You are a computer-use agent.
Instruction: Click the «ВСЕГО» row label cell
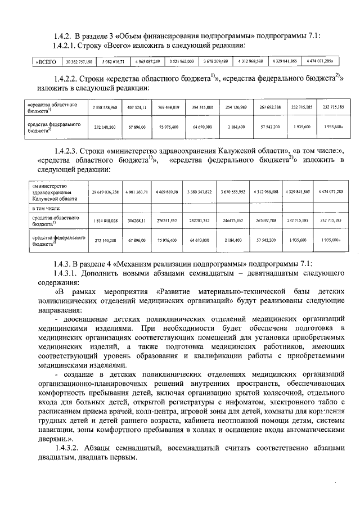(x=47, y=61)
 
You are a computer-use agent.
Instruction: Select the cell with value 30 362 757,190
(x=80, y=61)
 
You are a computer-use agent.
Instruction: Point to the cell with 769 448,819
(x=168, y=107)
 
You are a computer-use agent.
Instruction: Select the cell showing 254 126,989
(x=232, y=107)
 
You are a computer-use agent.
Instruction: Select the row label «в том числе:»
(x=47, y=208)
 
